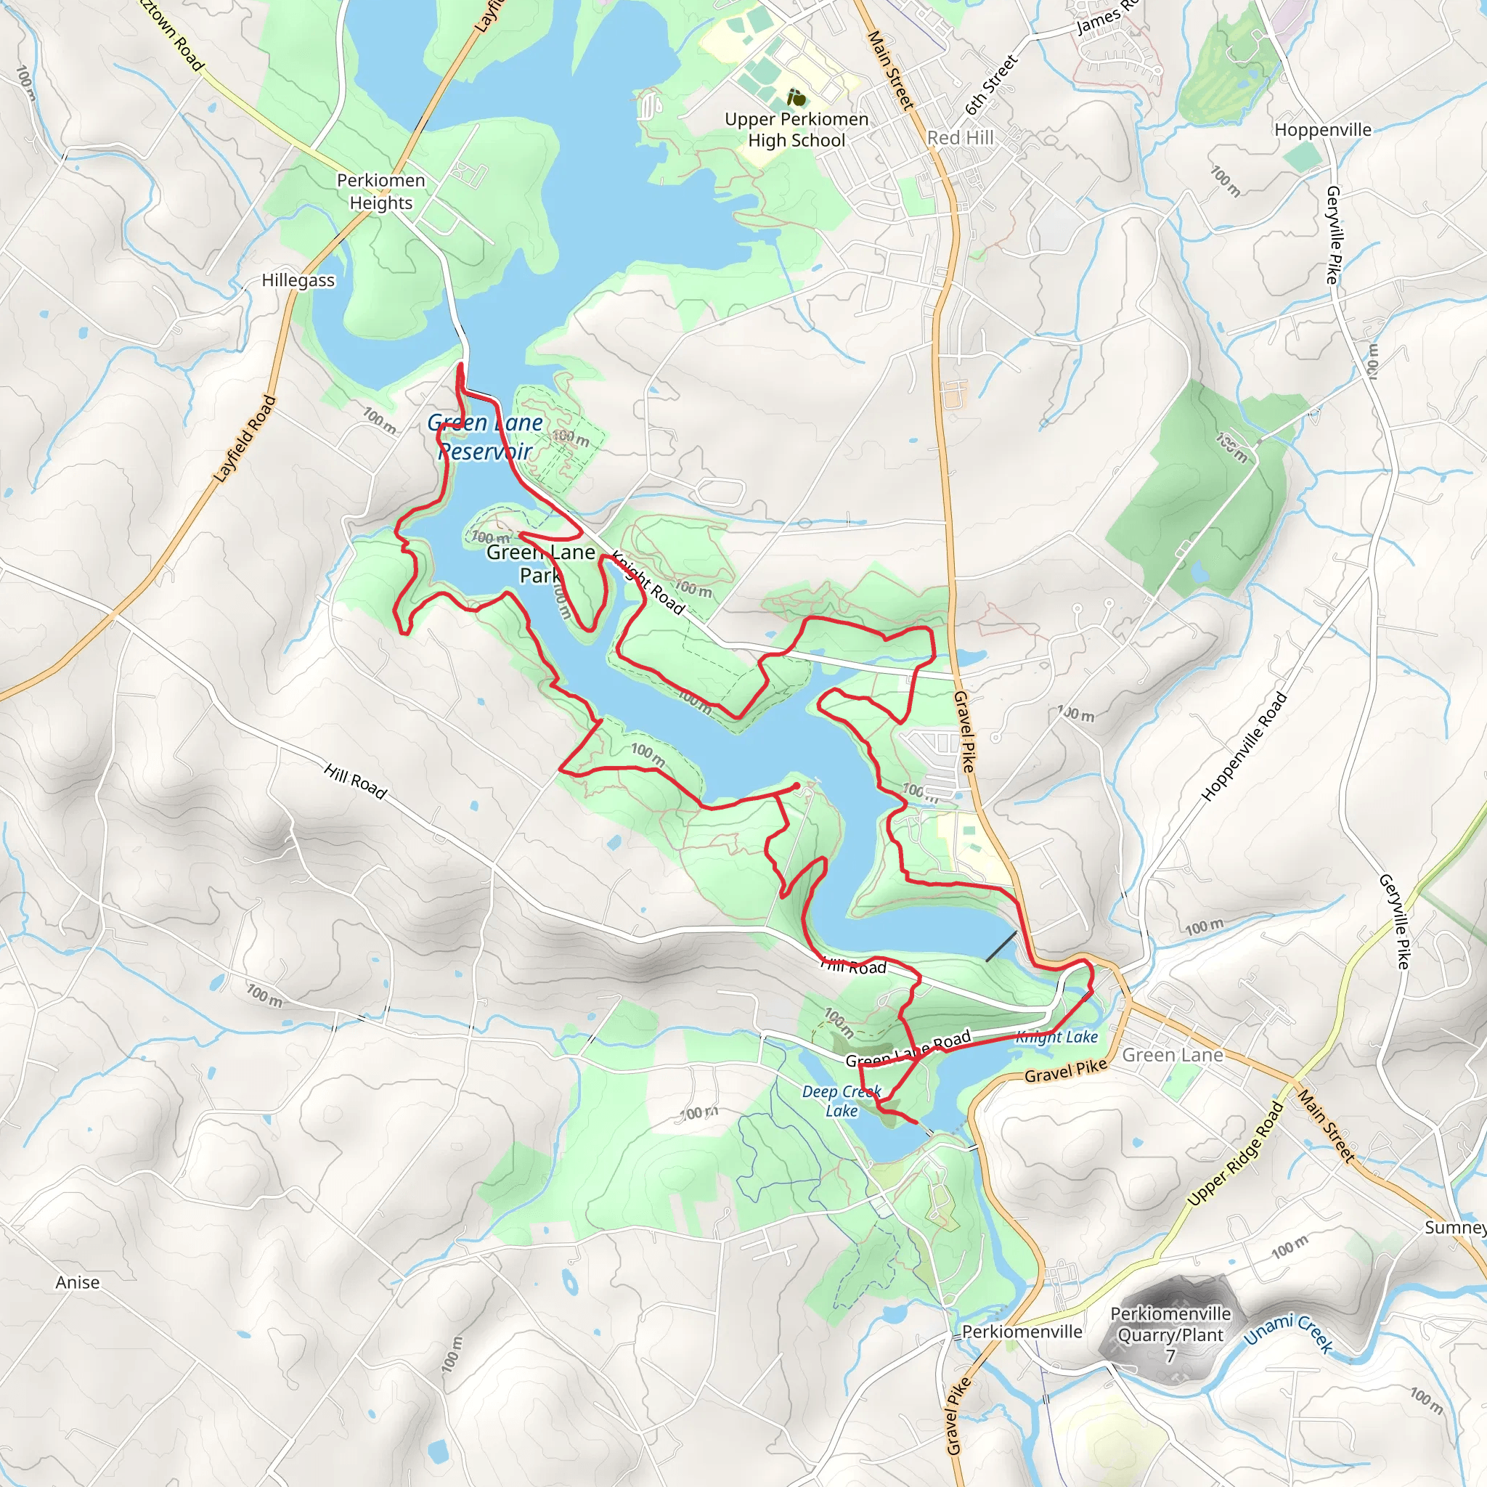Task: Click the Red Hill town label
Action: (x=960, y=138)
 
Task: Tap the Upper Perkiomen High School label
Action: (x=797, y=129)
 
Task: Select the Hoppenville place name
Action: (x=1322, y=129)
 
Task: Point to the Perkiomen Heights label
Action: (x=381, y=191)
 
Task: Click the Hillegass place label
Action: (x=298, y=280)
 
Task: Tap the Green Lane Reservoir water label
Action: (x=485, y=436)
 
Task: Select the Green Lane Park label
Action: (x=540, y=563)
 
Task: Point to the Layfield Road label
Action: (x=244, y=439)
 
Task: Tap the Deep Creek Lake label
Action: (x=842, y=1101)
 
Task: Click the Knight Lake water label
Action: (x=1056, y=1037)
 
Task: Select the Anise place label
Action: (x=78, y=1282)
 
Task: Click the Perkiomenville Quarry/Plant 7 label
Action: (x=1170, y=1335)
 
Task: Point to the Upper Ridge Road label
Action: (x=1234, y=1153)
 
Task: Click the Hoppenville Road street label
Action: (x=1244, y=746)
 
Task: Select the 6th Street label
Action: (x=991, y=84)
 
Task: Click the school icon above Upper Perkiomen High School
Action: (x=797, y=98)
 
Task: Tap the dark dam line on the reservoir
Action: (x=1001, y=945)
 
